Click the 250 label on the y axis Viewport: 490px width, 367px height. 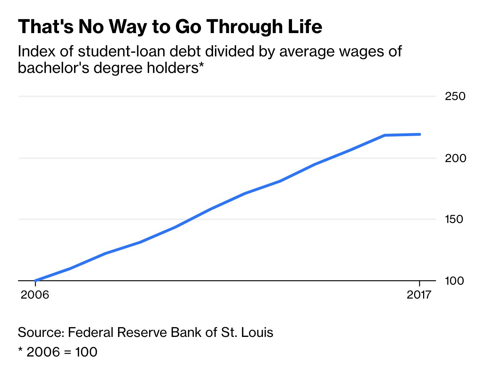click(x=455, y=96)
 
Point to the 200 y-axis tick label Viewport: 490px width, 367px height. click(x=455, y=158)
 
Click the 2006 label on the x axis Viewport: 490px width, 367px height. click(x=35, y=294)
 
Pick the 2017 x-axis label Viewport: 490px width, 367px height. click(x=419, y=294)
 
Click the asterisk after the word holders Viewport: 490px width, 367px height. click(x=201, y=66)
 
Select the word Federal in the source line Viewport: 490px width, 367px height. click(x=91, y=332)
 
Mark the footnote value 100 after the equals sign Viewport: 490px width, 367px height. click(x=86, y=352)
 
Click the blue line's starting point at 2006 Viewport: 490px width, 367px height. click(x=35, y=281)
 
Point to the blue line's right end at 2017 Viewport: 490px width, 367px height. click(x=419, y=134)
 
